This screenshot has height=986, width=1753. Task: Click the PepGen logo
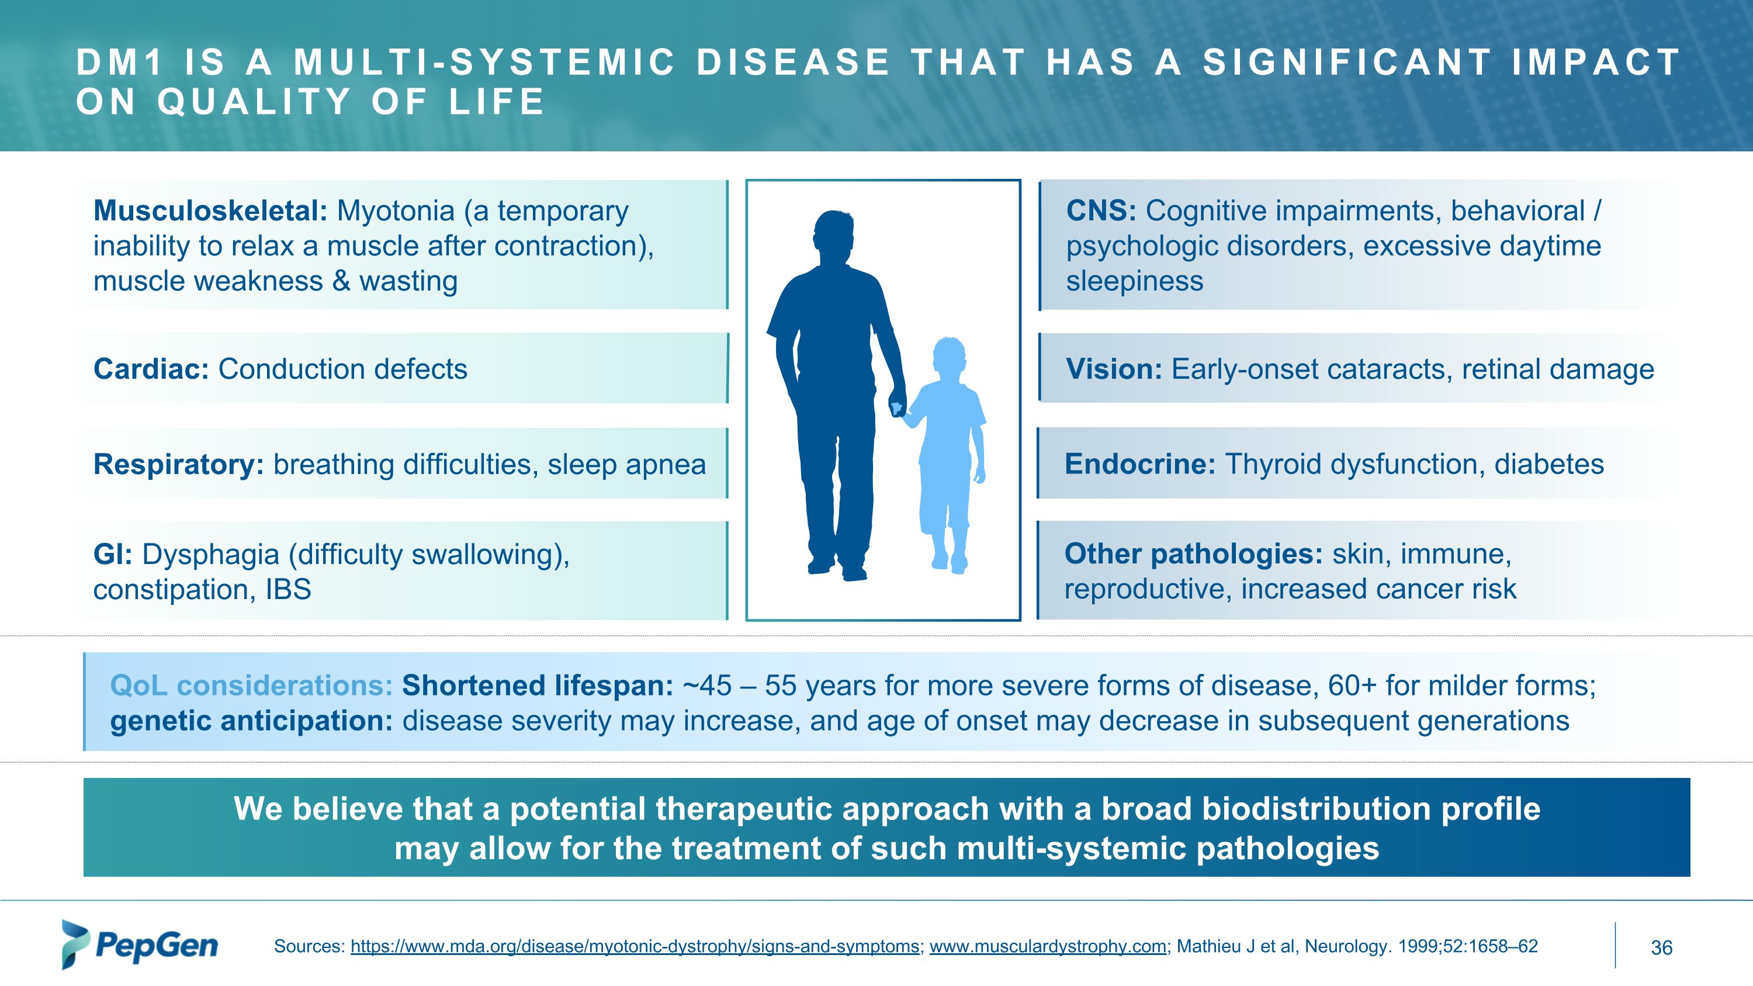click(x=140, y=945)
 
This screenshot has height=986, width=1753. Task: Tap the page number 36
click(x=1662, y=947)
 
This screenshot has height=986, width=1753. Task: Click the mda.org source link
click(x=635, y=946)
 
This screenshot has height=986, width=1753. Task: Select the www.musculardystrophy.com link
click(x=1048, y=946)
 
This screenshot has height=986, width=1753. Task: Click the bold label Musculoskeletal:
click(x=211, y=211)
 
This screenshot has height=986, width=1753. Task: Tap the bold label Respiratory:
click(x=178, y=465)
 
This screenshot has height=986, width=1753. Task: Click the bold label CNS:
click(x=1101, y=211)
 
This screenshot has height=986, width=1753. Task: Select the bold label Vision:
click(x=1114, y=369)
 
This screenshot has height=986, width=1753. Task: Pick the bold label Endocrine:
click(x=1140, y=464)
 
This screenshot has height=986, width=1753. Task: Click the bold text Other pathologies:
click(x=1194, y=555)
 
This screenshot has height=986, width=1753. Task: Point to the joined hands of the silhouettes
click(x=898, y=409)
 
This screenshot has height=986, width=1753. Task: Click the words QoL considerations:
click(x=251, y=685)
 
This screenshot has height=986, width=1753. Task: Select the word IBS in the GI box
click(x=288, y=589)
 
